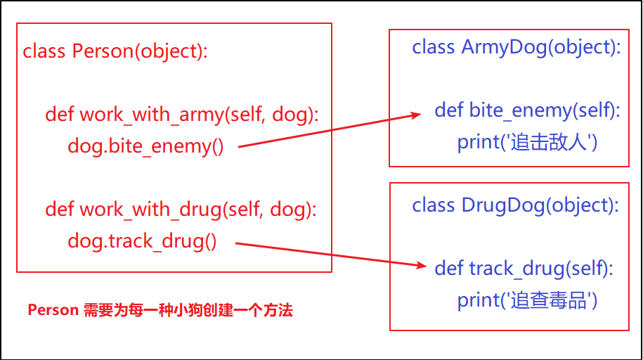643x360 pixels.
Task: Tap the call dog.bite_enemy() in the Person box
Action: [x=145, y=146]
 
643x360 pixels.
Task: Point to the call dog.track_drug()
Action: [x=142, y=242]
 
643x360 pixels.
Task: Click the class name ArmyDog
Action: [x=502, y=47]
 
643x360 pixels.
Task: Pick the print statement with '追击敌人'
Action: [x=527, y=142]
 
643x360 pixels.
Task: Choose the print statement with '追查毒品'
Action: [x=527, y=300]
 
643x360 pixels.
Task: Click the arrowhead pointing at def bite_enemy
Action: [x=415, y=116]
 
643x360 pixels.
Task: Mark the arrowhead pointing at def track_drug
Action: [x=421, y=266]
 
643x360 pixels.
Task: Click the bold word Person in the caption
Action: [x=52, y=310]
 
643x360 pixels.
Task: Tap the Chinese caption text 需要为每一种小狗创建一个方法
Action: [x=188, y=310]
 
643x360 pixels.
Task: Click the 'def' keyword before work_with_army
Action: [x=60, y=114]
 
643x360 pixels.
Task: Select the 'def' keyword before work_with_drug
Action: [x=60, y=210]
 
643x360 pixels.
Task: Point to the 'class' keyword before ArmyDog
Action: [x=434, y=47]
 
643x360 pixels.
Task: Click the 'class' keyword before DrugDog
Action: [x=434, y=205]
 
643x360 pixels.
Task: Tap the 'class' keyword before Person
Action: [x=45, y=51]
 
